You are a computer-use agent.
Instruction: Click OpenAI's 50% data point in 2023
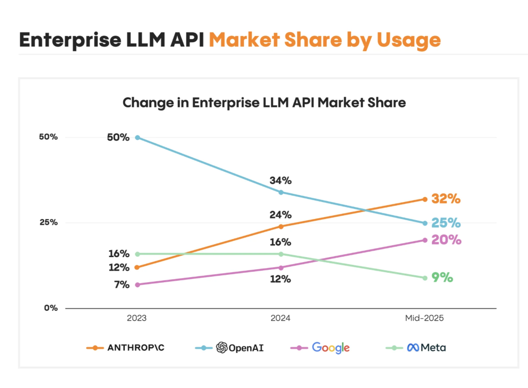[x=138, y=137]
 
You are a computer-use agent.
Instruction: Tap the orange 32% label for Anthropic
[x=446, y=199]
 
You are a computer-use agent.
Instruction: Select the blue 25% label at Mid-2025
[x=446, y=223]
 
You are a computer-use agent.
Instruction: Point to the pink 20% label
[x=446, y=240]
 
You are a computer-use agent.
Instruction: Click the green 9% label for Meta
[x=442, y=277]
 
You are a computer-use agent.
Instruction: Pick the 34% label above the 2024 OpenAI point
[x=280, y=180]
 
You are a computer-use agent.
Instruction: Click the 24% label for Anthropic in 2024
[x=280, y=215]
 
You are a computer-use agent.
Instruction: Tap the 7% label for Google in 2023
[x=122, y=285]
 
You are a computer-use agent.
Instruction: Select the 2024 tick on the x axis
[x=281, y=318]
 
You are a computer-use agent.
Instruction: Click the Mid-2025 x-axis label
[x=424, y=318]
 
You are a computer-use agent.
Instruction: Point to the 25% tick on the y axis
[x=49, y=222]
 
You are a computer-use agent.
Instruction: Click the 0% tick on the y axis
[x=51, y=308]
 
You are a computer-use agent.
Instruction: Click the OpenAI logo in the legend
[x=222, y=347]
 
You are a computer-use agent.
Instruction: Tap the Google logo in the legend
[x=331, y=347]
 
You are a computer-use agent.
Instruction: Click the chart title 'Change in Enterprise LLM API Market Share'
[x=264, y=103]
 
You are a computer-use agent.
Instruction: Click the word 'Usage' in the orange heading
[x=409, y=40]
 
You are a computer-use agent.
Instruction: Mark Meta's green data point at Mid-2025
[x=425, y=278]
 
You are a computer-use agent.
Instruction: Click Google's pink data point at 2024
[x=281, y=267]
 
